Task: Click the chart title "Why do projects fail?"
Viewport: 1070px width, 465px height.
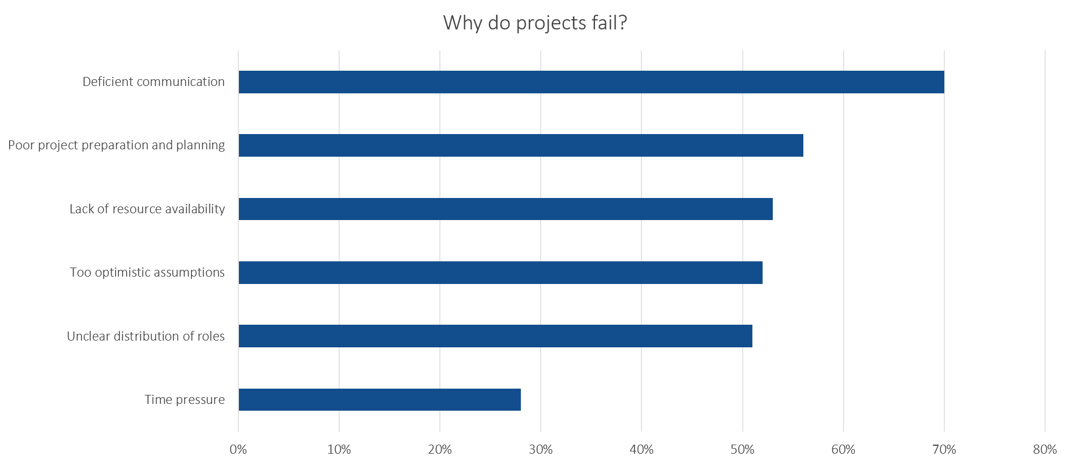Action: click(x=535, y=23)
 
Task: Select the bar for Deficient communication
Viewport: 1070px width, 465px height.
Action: click(x=591, y=82)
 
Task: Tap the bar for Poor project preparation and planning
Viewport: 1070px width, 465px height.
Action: click(x=520, y=145)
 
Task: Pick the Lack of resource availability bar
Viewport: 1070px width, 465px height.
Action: click(x=505, y=209)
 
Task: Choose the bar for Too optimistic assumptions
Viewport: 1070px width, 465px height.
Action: click(x=500, y=273)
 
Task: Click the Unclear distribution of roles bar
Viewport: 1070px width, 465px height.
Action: click(x=495, y=336)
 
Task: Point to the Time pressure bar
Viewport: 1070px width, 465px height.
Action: click(x=379, y=399)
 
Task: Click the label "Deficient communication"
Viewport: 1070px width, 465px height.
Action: click(x=153, y=82)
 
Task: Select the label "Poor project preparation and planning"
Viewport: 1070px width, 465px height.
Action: click(x=117, y=145)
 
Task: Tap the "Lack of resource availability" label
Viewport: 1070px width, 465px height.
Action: click(x=147, y=209)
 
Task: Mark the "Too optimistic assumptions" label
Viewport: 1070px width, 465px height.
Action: click(x=147, y=273)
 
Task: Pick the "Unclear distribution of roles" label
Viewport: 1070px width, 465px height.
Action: click(x=146, y=336)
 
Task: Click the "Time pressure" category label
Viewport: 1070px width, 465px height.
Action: click(x=185, y=400)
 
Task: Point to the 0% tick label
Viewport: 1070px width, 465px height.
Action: click(x=238, y=450)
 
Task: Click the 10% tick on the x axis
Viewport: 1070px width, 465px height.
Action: click(x=339, y=450)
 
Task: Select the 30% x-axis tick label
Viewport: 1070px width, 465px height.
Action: click(x=541, y=450)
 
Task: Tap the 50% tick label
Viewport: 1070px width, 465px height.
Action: click(x=742, y=450)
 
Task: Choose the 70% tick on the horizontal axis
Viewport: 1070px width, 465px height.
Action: click(x=944, y=450)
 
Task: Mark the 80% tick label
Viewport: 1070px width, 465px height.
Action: click(x=1045, y=450)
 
